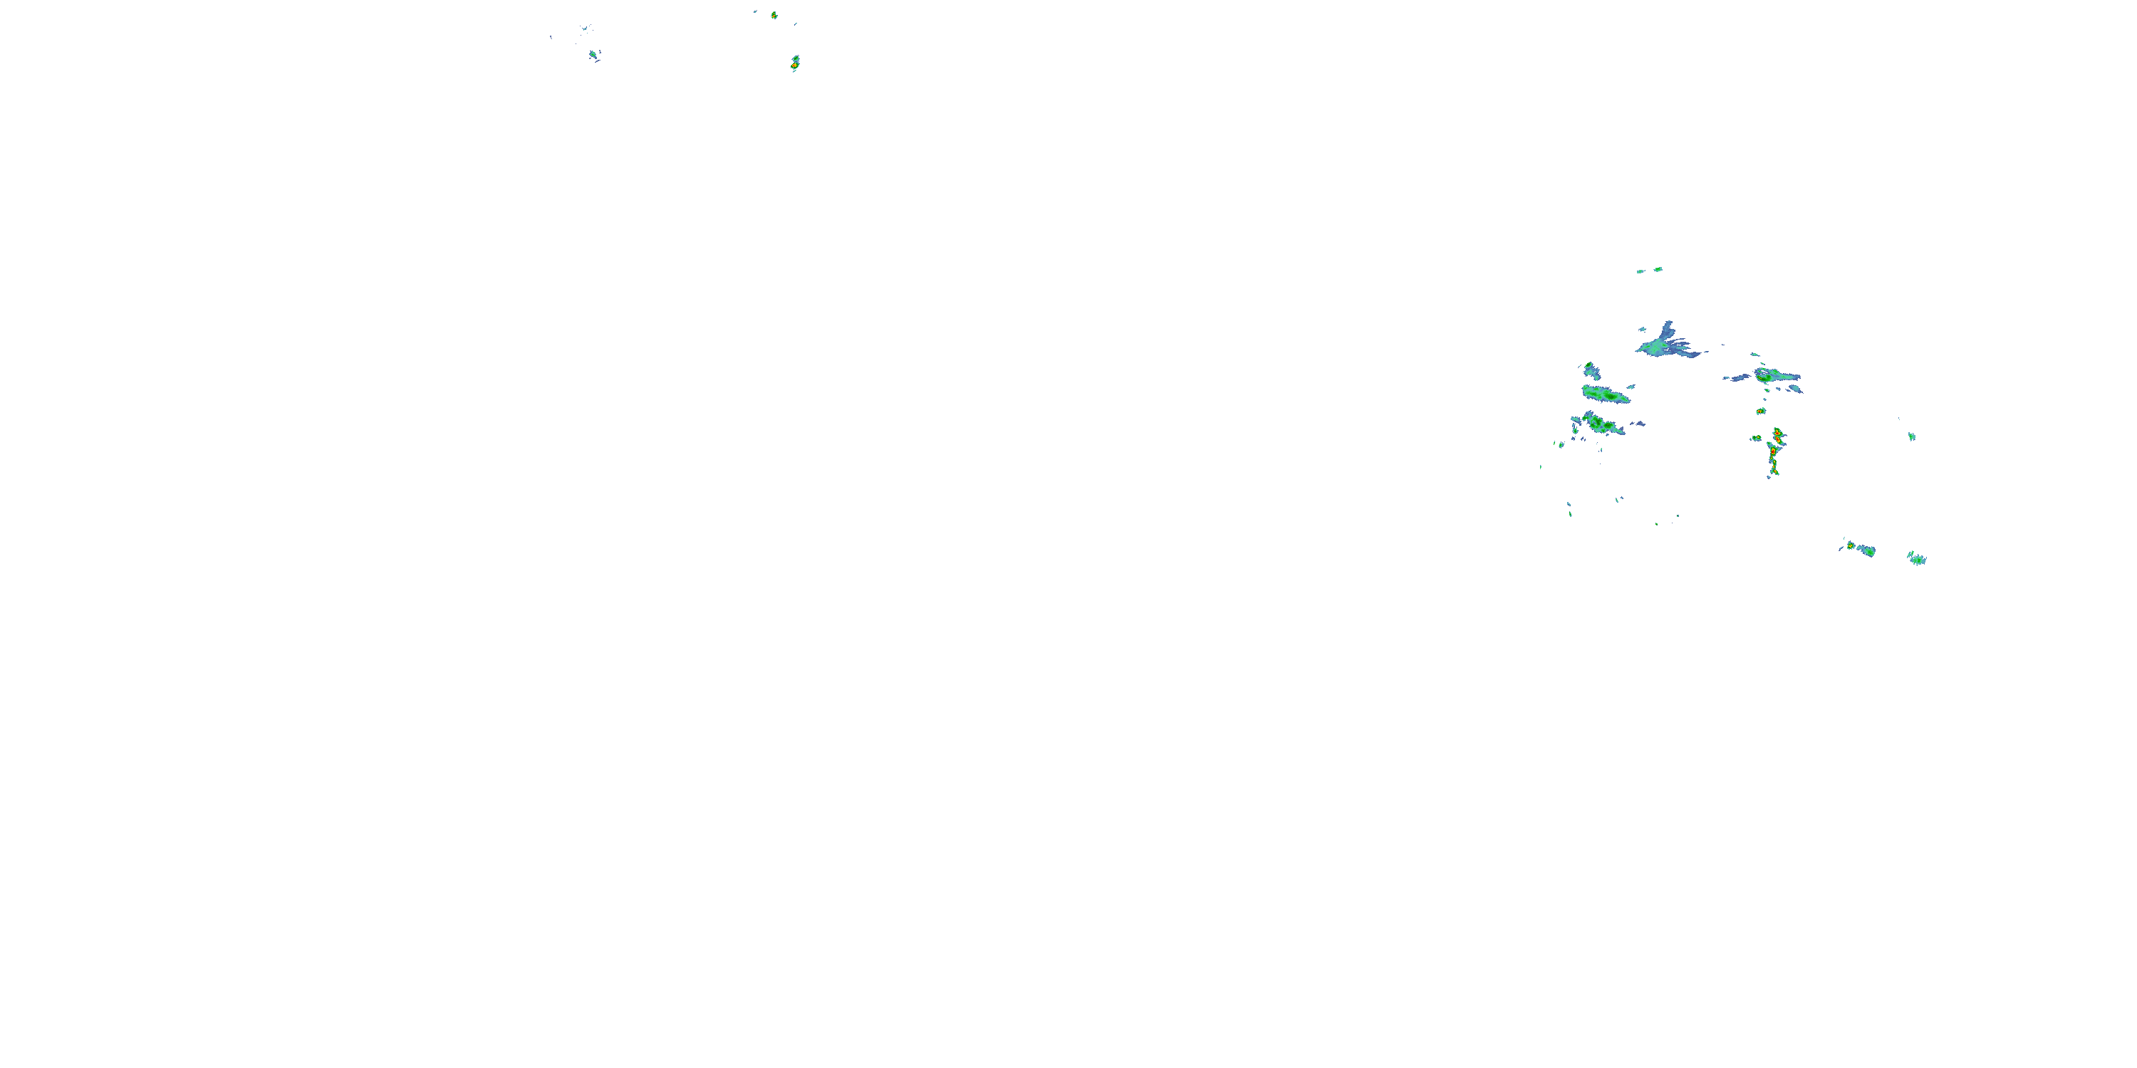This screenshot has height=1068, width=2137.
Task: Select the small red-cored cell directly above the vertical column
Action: pyautogui.click(x=1760, y=410)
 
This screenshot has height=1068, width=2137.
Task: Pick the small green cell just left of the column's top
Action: pyautogui.click(x=1756, y=438)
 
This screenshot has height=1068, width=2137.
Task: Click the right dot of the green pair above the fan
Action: pyautogui.click(x=1658, y=269)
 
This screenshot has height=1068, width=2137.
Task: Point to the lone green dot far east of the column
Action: pyautogui.click(x=1911, y=436)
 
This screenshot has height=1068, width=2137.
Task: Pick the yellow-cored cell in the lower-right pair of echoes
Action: pyautogui.click(x=1851, y=545)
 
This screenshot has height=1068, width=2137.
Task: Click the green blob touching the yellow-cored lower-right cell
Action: pyautogui.click(x=1866, y=550)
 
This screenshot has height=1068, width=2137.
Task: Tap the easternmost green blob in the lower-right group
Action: pyautogui.click(x=1917, y=559)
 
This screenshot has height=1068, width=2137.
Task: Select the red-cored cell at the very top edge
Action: pyautogui.click(x=774, y=15)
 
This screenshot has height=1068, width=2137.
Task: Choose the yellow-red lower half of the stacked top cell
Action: pyautogui.click(x=794, y=66)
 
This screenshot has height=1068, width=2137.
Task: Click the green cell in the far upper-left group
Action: pyautogui.click(x=593, y=55)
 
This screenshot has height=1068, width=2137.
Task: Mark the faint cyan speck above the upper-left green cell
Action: pyautogui.click(x=585, y=28)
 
